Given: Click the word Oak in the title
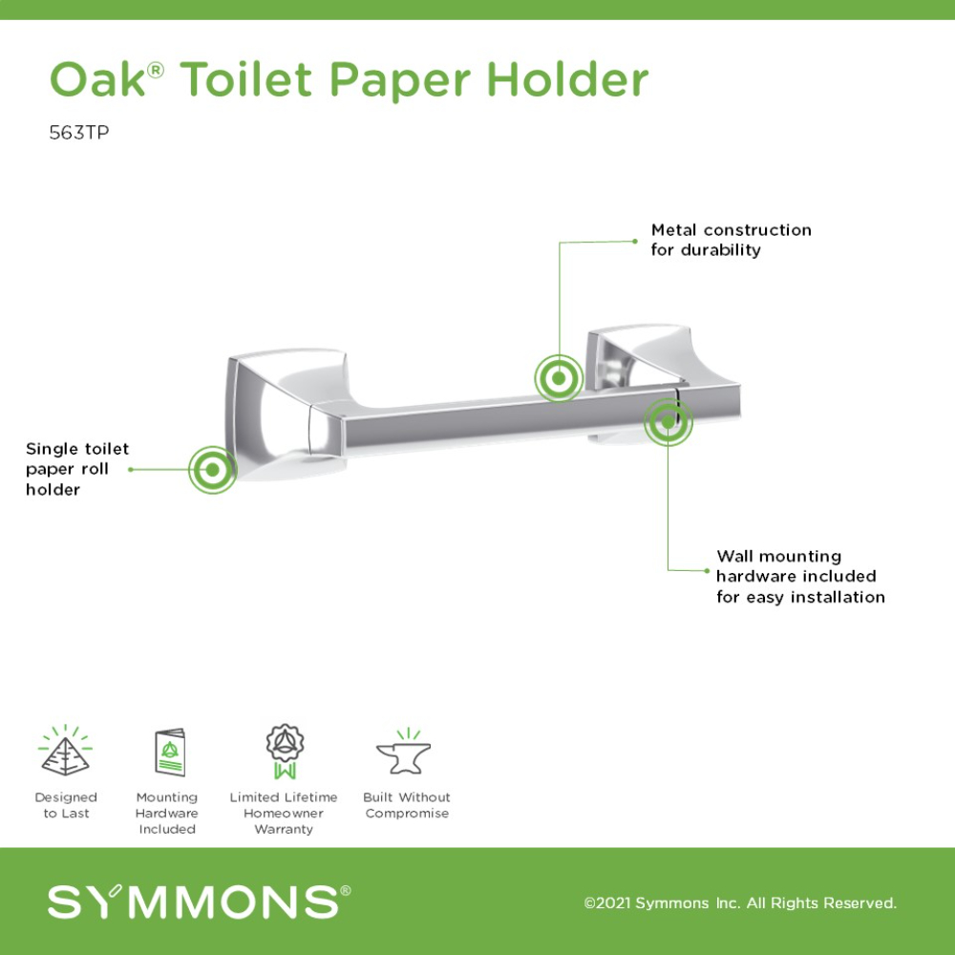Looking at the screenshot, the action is [98, 79].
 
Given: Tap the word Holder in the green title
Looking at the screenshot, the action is [568, 79].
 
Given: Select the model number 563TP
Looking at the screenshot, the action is [79, 132].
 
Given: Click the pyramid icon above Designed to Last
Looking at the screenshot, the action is [65, 751].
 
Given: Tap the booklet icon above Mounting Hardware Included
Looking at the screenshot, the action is [170, 753].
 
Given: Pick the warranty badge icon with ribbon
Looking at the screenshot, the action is [285, 752].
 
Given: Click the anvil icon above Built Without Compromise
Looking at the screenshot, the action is [404, 752].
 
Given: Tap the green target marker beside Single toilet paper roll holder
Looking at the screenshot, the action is [213, 470].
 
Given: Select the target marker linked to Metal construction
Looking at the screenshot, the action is [559, 378].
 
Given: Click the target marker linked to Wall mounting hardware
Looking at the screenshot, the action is [668, 421].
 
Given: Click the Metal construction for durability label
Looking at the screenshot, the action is [731, 240].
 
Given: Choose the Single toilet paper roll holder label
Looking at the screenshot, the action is [77, 469].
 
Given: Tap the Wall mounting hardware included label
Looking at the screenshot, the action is [800, 576].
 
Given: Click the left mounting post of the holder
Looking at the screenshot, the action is [286, 414].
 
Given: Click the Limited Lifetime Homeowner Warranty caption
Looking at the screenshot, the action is [284, 813].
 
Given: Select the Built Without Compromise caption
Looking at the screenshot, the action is [407, 805].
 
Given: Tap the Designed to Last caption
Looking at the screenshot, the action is [66, 805].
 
